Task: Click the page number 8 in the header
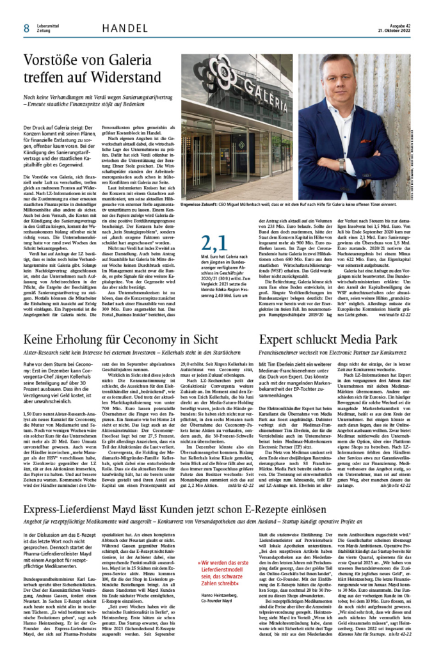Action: tap(26, 28)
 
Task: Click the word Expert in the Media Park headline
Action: tap(280, 340)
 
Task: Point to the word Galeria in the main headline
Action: tap(135, 60)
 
